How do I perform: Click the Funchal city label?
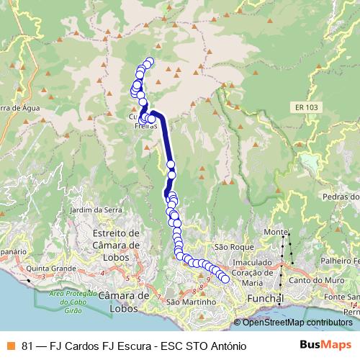[265, 298]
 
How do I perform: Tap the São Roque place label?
[229, 246]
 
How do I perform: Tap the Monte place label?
[274, 233]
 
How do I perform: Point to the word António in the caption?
[225, 345]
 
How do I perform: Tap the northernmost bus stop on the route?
[150, 62]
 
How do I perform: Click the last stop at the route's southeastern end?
[225, 279]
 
